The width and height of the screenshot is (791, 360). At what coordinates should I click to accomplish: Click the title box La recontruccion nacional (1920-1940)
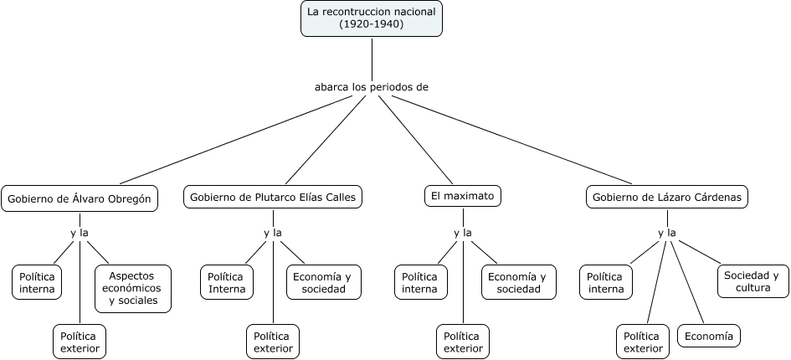point(372,18)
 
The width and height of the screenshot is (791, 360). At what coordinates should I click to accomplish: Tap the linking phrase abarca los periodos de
point(372,86)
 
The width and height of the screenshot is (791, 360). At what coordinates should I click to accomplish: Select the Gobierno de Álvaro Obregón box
point(79,198)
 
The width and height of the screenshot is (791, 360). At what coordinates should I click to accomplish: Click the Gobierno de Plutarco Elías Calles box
point(273,198)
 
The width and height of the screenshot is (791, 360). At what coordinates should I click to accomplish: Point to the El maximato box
point(463,198)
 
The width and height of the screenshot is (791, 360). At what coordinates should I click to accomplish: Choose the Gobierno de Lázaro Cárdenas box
point(666,198)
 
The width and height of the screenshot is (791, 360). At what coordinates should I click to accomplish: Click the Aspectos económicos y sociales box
point(133,288)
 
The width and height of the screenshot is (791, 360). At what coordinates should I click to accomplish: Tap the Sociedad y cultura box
point(752,281)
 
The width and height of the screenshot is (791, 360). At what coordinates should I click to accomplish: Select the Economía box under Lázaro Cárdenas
point(709,337)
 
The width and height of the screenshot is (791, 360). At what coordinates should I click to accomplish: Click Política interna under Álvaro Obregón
point(38,282)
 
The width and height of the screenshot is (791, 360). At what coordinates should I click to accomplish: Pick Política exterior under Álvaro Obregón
point(80,341)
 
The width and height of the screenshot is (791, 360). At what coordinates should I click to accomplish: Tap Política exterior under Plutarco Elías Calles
point(273,341)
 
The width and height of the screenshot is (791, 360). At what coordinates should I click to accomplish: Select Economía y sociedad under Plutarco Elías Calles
point(325,282)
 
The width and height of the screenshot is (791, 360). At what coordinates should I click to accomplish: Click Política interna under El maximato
point(420,282)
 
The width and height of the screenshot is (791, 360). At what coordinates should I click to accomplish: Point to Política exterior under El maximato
point(463,341)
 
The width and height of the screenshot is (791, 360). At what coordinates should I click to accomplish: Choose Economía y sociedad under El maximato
point(517,282)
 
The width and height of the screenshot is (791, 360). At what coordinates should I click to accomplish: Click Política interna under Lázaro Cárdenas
point(606,282)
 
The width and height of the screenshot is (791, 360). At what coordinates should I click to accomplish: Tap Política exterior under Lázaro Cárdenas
point(643,341)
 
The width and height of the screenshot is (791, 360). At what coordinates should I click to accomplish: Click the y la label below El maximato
point(463,233)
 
